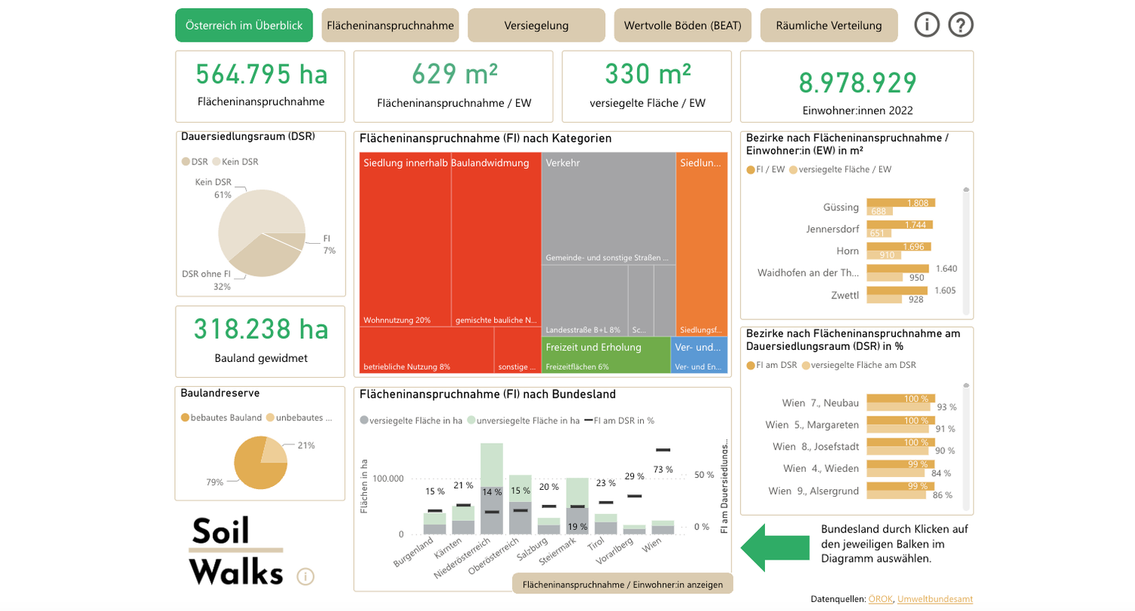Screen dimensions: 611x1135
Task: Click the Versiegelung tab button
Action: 536,25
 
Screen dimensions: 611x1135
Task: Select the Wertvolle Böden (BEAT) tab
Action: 683,25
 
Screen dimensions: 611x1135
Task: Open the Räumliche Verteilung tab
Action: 829,25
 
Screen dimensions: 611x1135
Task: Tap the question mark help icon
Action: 960,25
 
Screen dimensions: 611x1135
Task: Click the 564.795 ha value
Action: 261,74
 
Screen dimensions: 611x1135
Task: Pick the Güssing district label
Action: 840,207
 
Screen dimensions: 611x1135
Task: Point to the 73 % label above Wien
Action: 663,469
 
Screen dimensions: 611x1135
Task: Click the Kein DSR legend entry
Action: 235,161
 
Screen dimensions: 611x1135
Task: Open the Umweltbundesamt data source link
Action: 934,599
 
